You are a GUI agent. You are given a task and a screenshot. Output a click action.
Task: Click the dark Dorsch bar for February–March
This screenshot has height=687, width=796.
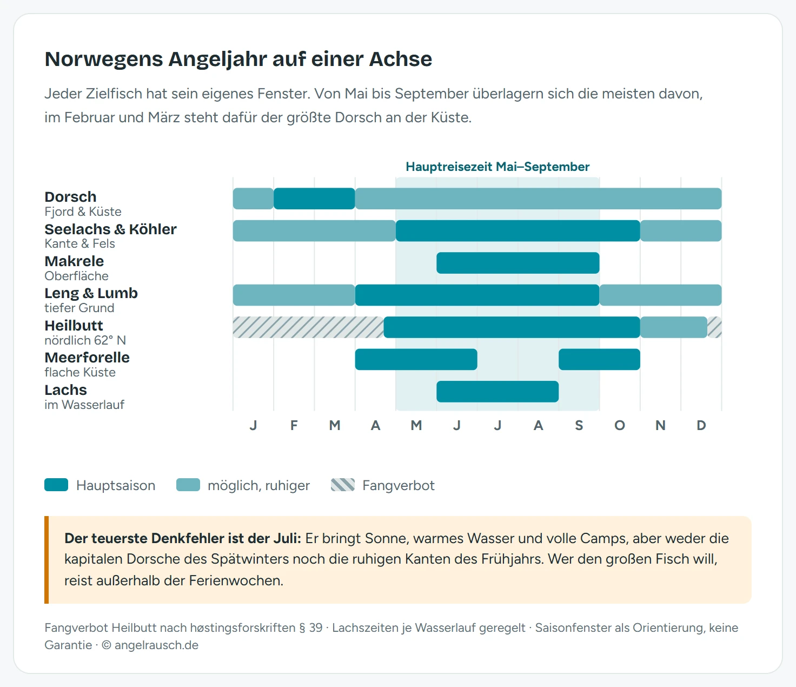(314, 199)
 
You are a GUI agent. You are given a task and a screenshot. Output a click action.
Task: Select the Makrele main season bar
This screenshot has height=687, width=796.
(518, 263)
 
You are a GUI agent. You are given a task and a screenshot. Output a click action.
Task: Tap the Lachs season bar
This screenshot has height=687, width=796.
(497, 392)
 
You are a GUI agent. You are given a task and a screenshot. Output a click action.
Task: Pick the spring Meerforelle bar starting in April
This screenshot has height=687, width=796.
(416, 360)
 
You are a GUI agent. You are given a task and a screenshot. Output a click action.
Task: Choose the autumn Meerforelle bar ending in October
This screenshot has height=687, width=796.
(600, 360)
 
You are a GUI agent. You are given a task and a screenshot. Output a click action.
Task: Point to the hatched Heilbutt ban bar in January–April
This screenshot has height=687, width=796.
(308, 327)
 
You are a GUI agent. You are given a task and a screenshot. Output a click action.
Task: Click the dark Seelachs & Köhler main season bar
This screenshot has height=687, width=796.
(518, 231)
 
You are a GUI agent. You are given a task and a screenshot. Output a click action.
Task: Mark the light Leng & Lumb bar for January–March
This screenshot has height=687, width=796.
(294, 295)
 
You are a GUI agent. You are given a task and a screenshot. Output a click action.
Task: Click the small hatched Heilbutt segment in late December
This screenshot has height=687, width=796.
(715, 327)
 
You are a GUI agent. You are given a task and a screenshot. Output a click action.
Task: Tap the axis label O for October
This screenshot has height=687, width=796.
(620, 425)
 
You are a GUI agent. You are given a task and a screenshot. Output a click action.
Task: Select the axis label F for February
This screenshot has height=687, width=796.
(294, 425)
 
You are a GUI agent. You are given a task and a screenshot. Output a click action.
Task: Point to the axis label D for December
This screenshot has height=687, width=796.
(701, 425)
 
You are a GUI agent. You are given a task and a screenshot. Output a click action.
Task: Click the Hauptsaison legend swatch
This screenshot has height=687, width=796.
(56, 485)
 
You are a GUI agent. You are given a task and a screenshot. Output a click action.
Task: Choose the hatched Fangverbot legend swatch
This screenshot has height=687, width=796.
(343, 485)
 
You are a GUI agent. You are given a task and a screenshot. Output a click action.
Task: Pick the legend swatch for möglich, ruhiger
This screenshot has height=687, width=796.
(188, 485)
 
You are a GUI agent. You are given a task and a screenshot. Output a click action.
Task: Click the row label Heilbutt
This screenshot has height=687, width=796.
(74, 326)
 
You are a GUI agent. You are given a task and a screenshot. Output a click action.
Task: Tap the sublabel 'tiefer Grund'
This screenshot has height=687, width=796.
(79, 308)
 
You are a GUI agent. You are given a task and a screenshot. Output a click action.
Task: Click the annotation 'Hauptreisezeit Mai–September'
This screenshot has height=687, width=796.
(497, 167)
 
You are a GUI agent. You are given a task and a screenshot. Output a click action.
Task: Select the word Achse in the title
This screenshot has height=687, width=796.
(401, 59)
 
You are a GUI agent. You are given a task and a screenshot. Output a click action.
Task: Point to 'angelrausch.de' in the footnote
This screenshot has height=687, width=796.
(156, 645)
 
